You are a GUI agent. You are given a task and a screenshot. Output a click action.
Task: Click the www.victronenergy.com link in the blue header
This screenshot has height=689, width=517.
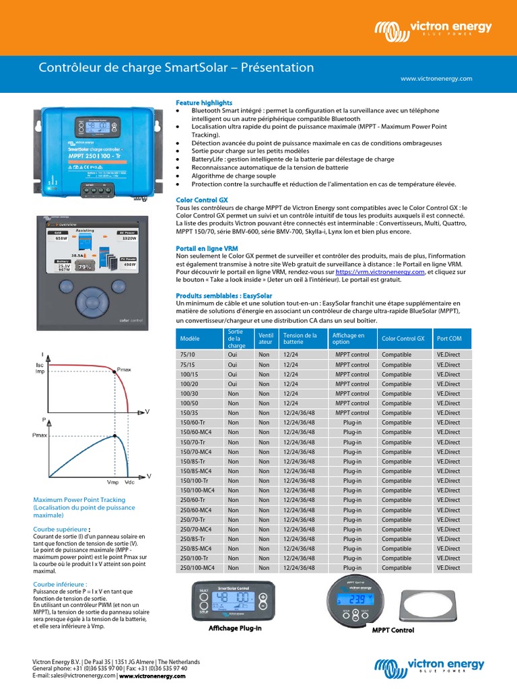coord(436,79)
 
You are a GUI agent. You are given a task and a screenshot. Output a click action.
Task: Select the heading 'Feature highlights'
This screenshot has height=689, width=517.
coord(203,102)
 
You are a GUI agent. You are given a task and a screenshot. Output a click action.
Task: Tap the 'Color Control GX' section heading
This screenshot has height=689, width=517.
coord(202,200)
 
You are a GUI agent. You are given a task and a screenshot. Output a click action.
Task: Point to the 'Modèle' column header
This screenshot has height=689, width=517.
coord(190,339)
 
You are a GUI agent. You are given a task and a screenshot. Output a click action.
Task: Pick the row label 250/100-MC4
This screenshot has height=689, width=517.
coord(197,568)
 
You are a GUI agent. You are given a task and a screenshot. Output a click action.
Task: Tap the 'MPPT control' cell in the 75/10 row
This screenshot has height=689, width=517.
coord(352,355)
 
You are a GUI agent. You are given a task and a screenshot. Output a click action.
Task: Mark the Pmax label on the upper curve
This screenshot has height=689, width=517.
coord(125,370)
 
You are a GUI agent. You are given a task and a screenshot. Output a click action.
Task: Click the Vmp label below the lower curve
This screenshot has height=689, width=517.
coord(112,482)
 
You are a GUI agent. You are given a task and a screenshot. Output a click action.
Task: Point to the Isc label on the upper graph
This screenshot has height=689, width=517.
coord(39,364)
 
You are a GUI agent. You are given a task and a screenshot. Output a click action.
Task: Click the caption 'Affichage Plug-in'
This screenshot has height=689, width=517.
coord(234,628)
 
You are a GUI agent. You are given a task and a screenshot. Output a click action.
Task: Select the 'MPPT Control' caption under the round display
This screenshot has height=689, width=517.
coord(393,630)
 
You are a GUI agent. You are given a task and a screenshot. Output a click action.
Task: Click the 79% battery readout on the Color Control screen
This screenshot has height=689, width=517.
coord(85,266)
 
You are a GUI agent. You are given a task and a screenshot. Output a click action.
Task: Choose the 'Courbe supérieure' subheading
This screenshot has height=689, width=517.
coord(60,529)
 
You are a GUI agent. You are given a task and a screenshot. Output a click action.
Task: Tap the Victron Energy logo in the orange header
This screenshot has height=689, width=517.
coord(433,30)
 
